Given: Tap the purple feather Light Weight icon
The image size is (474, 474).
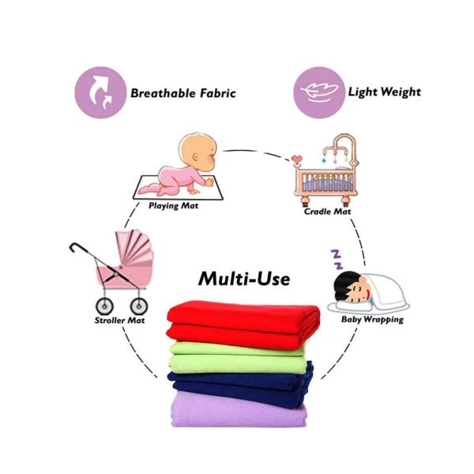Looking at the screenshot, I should [x=318, y=92].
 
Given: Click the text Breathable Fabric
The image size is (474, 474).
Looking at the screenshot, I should [x=183, y=93].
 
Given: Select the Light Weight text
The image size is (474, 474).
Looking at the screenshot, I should [x=385, y=92].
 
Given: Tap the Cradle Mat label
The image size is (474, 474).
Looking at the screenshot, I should [x=326, y=212].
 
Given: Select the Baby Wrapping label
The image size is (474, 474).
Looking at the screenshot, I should [x=372, y=320].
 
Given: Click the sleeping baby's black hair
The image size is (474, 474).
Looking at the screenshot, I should [x=345, y=282].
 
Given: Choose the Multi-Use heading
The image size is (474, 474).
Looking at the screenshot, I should [x=244, y=278].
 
